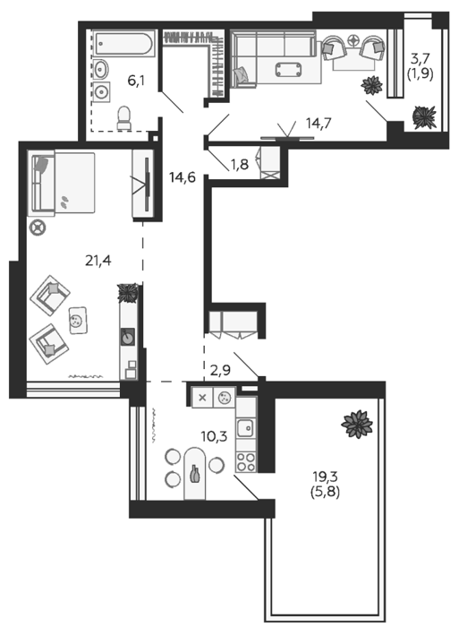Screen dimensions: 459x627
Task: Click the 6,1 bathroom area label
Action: click(136, 82)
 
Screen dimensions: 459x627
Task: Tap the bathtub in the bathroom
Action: click(123, 44)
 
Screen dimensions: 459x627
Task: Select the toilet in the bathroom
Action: click(123, 118)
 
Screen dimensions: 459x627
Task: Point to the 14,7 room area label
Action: click(319, 124)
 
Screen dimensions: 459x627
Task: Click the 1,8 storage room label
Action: click(239, 164)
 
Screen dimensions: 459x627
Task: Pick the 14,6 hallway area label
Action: click(183, 177)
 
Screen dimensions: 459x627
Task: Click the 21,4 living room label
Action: click(98, 261)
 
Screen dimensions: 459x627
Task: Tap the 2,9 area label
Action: click(220, 370)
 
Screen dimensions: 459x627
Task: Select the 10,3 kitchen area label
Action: click(214, 436)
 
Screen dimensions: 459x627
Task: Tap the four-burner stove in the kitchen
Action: click(246, 461)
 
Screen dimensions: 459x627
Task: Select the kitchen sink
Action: click(246, 428)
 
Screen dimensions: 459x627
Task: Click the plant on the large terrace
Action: click(357, 425)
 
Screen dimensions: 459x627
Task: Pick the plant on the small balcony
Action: click(424, 116)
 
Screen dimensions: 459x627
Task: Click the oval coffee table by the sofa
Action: click(288, 69)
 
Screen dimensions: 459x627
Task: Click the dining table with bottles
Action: click(194, 474)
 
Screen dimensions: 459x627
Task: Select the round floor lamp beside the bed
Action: click(38, 228)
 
